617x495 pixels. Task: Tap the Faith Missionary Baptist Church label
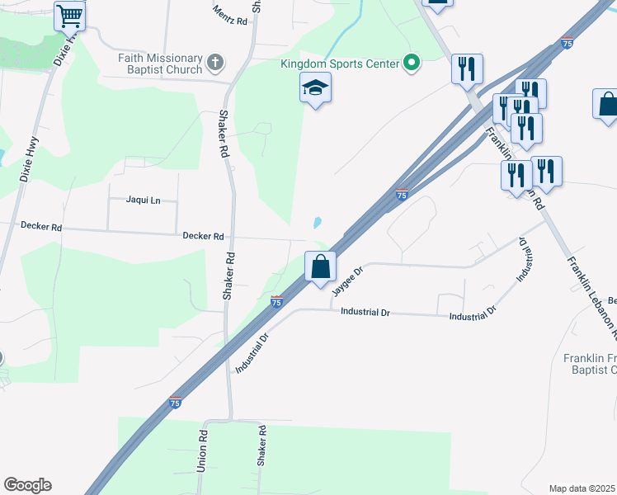(160, 64)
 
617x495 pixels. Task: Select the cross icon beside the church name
(215, 62)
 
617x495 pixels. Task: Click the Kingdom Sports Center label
(338, 63)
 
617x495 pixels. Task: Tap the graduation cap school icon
(315, 87)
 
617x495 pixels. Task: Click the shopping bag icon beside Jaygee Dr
(320, 266)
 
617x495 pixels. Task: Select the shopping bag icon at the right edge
(607, 105)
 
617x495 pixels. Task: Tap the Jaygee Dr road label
(347, 281)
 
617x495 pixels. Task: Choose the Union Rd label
(201, 450)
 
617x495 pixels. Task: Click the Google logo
(27, 485)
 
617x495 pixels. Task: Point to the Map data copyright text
(582, 488)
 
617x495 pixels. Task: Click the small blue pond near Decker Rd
(318, 223)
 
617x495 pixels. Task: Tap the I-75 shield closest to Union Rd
(175, 402)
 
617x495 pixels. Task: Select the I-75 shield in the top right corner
(567, 42)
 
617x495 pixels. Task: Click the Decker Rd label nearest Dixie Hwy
(41, 226)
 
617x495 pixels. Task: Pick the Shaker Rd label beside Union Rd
(261, 446)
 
